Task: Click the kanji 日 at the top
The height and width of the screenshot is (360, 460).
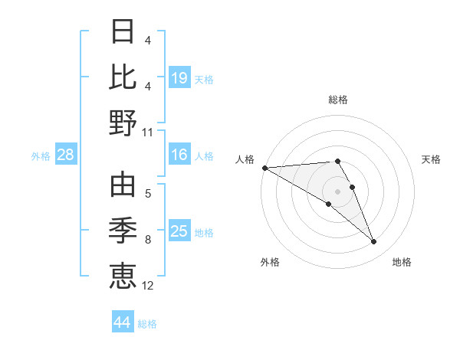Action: (x=123, y=33)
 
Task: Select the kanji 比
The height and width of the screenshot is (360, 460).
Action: (x=123, y=77)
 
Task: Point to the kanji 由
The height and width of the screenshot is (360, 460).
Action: (x=123, y=186)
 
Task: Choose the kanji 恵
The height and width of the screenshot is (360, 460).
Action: (x=123, y=274)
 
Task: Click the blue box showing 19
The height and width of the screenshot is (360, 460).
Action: (x=179, y=77)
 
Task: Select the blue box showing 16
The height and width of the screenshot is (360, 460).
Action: (x=179, y=155)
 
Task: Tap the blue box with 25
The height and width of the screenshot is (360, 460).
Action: (x=179, y=231)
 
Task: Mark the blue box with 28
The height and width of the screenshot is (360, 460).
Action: (x=66, y=155)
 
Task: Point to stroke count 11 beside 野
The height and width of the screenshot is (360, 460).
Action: (x=148, y=132)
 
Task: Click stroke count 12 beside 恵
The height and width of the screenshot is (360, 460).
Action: (x=148, y=286)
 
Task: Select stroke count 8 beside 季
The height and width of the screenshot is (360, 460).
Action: (x=148, y=241)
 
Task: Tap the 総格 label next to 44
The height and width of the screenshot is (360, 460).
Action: (x=147, y=324)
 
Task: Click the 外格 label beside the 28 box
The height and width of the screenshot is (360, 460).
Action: (x=41, y=156)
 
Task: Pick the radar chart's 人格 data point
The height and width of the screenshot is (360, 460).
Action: (x=264, y=167)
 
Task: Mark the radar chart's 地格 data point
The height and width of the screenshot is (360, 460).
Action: (x=374, y=242)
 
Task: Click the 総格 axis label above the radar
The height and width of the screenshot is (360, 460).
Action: (x=338, y=100)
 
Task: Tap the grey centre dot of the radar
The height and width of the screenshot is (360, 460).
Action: (x=337, y=191)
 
